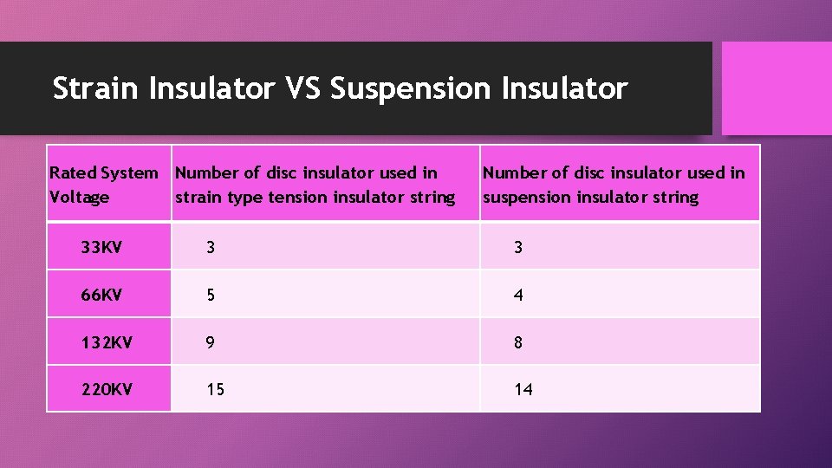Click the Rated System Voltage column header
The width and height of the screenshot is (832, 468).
pos(103,185)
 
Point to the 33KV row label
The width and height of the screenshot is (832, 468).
pos(101,247)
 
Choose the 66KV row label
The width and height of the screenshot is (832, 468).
pos(101,295)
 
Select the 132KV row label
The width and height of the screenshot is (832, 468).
pos(106,342)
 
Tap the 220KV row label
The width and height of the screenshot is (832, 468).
pos(106,389)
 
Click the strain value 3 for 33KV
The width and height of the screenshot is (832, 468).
pos(211,247)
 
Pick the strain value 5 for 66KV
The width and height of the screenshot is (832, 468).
pos(211,295)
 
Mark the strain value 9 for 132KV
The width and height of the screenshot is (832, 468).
pos(211,342)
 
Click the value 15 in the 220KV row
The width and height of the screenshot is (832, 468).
pos(215,390)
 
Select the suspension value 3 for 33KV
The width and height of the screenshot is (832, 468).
pos(518,247)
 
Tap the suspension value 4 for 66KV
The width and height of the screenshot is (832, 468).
pos(518,295)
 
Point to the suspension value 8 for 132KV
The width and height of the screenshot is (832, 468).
pos(518,342)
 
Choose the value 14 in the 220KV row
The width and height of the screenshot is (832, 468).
pos(523,390)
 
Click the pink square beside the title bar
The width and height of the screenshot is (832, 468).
pos(777,88)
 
